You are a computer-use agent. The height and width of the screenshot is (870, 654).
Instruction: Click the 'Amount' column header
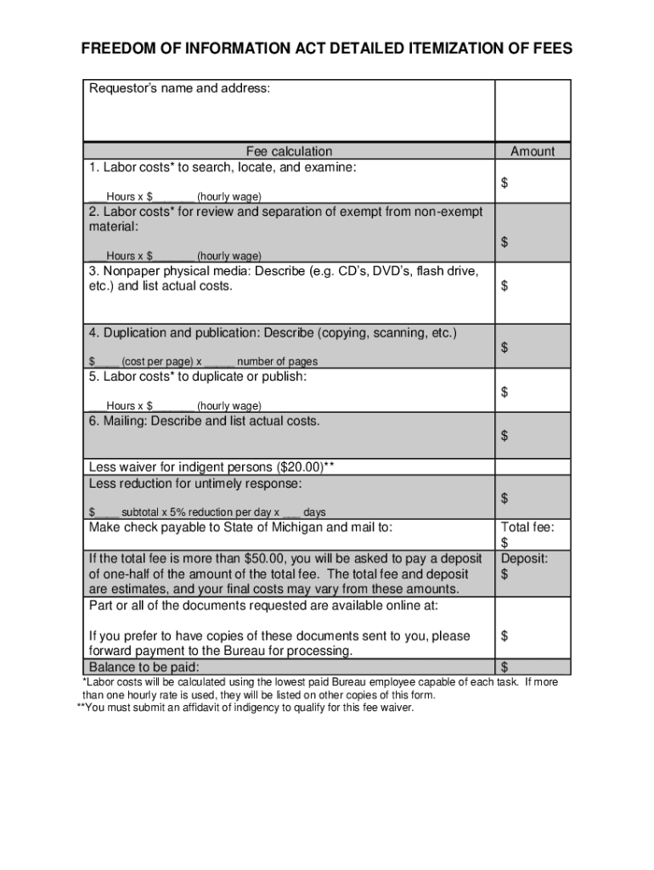coord(533,151)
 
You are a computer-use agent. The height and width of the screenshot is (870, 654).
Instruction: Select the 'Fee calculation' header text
coord(290,151)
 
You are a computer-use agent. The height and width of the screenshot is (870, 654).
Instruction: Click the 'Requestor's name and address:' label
coord(179,88)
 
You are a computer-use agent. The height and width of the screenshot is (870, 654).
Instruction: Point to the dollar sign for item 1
coord(505,184)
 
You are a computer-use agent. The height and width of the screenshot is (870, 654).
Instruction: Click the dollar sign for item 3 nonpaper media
coord(505,286)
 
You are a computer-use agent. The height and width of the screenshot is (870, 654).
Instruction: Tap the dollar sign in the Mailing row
coord(505,436)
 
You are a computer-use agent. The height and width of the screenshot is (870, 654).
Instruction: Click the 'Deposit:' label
coord(524,558)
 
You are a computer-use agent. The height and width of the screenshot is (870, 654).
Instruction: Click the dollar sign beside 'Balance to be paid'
coord(505,666)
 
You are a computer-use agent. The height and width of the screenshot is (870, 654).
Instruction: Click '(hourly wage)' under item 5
coord(229,406)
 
